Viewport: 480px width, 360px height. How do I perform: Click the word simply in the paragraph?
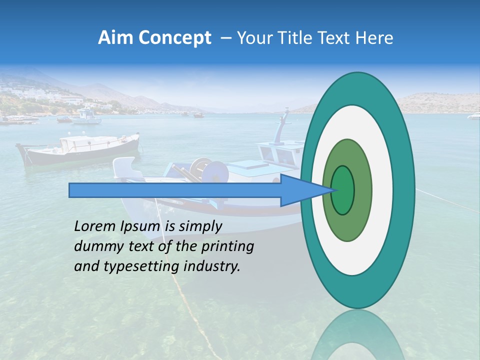click(x=200, y=227)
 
